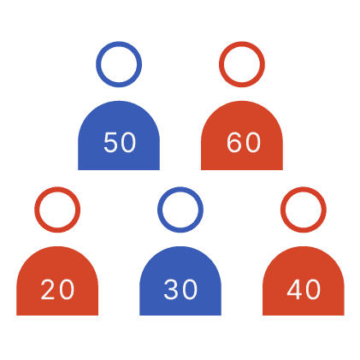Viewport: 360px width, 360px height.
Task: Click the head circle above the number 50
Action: (x=119, y=44)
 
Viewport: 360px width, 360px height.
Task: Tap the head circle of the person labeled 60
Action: (x=242, y=44)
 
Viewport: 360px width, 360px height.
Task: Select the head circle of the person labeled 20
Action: (x=57, y=189)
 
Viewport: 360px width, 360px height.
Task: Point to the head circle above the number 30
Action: (x=180, y=189)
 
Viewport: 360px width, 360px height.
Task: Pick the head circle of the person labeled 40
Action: (x=304, y=189)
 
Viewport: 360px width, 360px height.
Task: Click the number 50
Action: (x=120, y=142)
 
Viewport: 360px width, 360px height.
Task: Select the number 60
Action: (x=244, y=142)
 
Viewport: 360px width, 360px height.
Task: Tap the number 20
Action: (x=57, y=289)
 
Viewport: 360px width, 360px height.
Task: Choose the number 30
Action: (x=180, y=289)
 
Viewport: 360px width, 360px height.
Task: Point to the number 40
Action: (x=304, y=289)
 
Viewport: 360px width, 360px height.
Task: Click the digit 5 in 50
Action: (x=110, y=142)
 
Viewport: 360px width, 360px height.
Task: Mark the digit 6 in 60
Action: (x=234, y=142)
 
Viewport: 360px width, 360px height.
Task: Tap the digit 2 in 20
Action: (x=48, y=289)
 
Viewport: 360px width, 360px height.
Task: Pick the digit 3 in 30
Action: (x=171, y=289)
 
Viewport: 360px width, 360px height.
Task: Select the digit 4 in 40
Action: (x=294, y=289)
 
